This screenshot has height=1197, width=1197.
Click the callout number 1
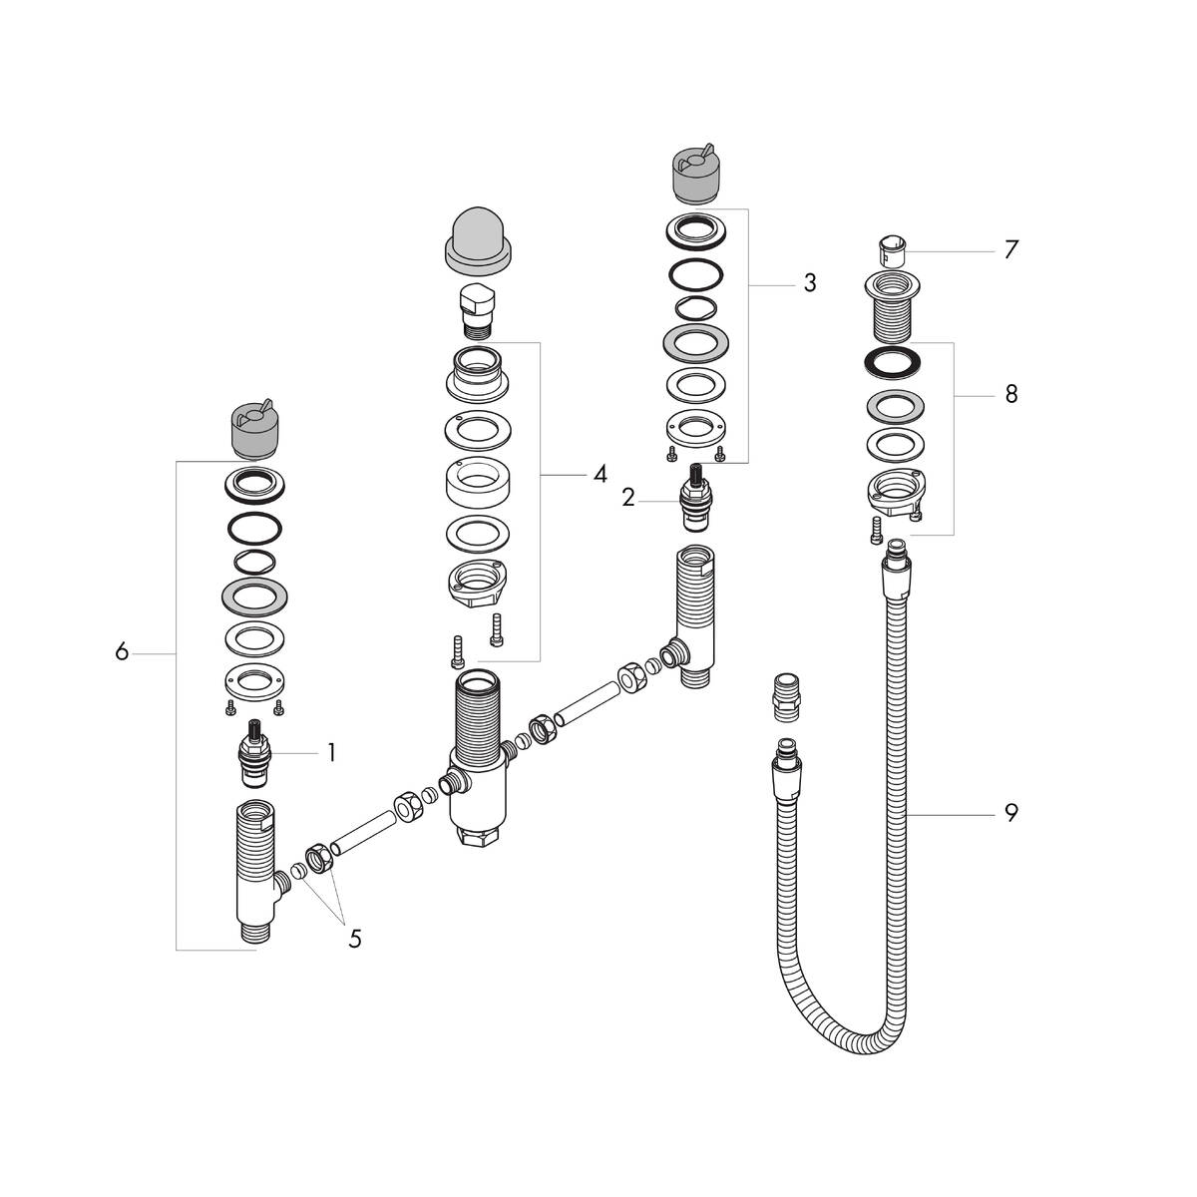pyautogui.click(x=330, y=753)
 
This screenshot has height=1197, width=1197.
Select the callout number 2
pyautogui.click(x=627, y=497)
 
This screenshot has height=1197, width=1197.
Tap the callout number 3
pyautogui.click(x=809, y=284)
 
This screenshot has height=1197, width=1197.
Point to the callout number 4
pyautogui.click(x=598, y=475)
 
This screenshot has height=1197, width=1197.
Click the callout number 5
pyautogui.click(x=354, y=939)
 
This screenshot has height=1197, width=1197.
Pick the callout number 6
pyautogui.click(x=122, y=653)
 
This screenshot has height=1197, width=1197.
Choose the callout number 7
pyautogui.click(x=1010, y=249)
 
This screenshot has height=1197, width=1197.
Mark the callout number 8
pyautogui.click(x=1010, y=395)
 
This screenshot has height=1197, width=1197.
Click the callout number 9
pyautogui.click(x=1010, y=814)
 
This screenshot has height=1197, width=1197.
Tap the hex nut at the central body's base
pyautogui.click(x=475, y=833)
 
